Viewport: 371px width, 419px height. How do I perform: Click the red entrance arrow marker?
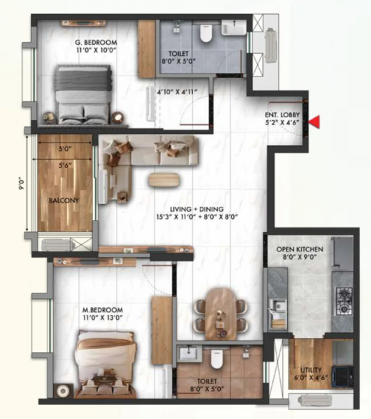click(315, 122)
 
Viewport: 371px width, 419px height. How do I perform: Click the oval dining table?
click(220, 308)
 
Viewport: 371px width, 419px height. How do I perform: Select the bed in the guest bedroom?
click(84, 94)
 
